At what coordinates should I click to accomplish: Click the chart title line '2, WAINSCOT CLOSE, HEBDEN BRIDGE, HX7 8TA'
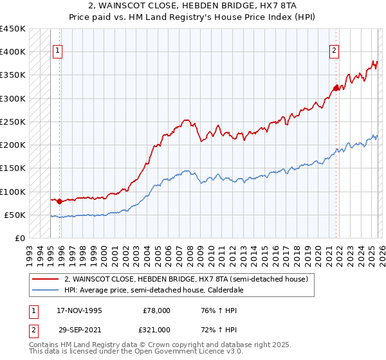(193, 6)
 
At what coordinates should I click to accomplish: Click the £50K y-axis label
(15, 215)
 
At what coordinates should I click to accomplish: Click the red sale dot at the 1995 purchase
(60, 202)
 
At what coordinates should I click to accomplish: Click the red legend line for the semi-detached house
(46, 279)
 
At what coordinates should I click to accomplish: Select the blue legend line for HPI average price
(46, 290)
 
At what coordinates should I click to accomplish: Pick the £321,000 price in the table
(157, 329)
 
